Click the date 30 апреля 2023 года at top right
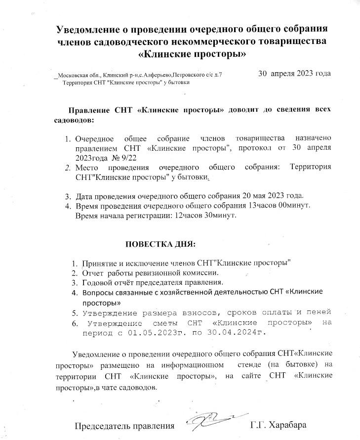(294, 74)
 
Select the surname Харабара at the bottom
(287, 425)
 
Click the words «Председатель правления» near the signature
(124, 425)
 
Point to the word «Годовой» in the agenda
(98, 282)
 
